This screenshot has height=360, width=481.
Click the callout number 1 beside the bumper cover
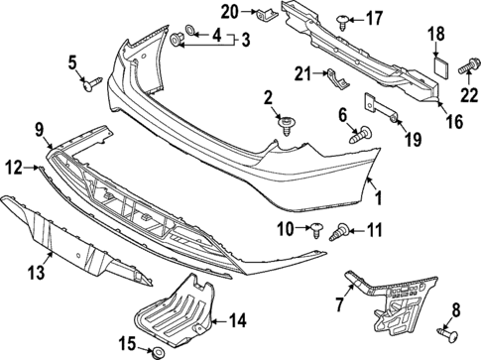(x=378, y=198)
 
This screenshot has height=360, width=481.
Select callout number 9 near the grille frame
(x=39, y=127)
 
